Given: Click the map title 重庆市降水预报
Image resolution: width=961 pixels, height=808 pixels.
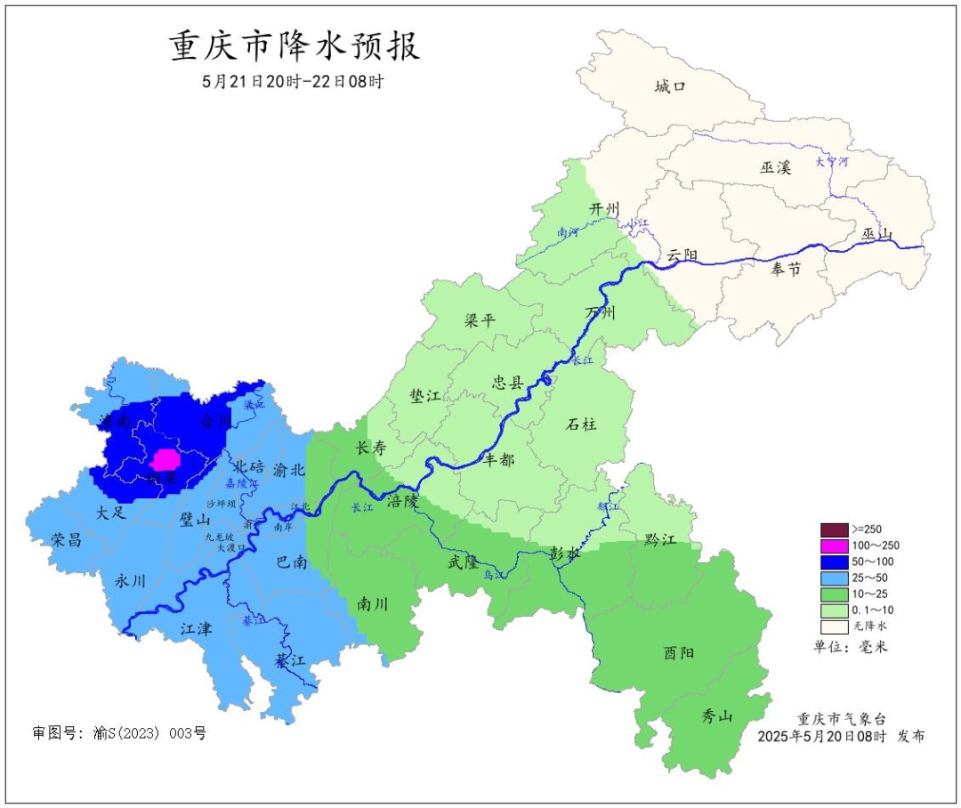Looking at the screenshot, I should pos(295,46).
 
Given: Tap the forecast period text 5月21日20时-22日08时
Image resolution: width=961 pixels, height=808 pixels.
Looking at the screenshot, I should pos(293,82).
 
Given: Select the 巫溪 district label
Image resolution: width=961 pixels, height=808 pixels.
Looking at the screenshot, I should pos(775,167).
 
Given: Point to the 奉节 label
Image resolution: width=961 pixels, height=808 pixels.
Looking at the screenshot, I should pos(786,269).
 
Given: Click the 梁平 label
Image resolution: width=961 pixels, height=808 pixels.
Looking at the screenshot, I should pos(480,320).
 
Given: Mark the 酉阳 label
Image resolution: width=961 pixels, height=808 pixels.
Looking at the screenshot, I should pos(679,652).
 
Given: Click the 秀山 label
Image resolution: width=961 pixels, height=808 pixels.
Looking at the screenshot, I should pos(717,715).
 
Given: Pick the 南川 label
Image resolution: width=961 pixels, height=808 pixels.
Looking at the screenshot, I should pos(372,602).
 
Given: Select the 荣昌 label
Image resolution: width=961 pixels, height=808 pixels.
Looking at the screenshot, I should pos(67,540).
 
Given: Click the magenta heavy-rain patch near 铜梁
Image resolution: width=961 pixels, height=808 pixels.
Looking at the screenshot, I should pos(165,460).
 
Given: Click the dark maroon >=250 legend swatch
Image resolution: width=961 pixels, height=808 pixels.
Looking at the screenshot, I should pos(834,529).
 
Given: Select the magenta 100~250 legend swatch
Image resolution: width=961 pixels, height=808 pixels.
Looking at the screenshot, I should pos(834,545).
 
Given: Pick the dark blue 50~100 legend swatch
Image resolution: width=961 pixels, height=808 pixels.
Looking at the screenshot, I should pos(834,562).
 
